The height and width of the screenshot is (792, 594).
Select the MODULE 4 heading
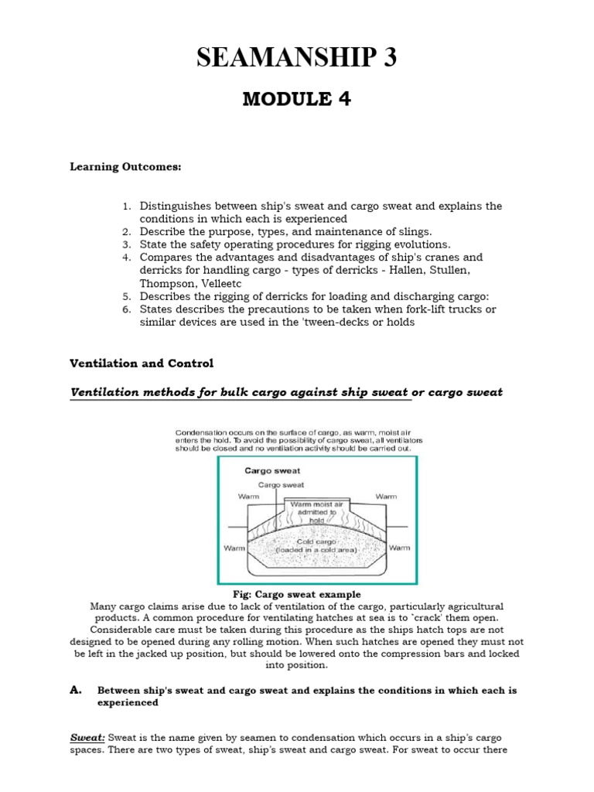[x=297, y=100]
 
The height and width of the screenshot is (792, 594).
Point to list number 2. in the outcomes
[x=128, y=230]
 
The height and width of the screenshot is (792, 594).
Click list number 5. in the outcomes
[x=128, y=296]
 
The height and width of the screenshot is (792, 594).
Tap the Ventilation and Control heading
[x=142, y=363]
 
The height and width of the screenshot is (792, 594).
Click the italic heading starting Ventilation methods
[x=286, y=392]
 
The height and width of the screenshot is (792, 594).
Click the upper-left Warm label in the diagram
[x=249, y=496]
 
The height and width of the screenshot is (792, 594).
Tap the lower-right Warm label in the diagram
[x=399, y=548]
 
